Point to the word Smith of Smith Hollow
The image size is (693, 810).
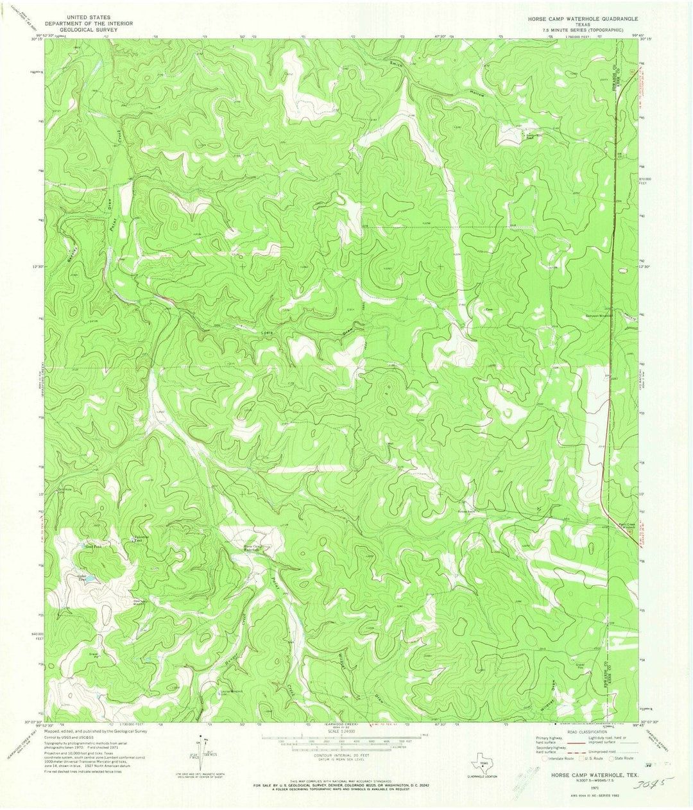[x=399, y=64]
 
